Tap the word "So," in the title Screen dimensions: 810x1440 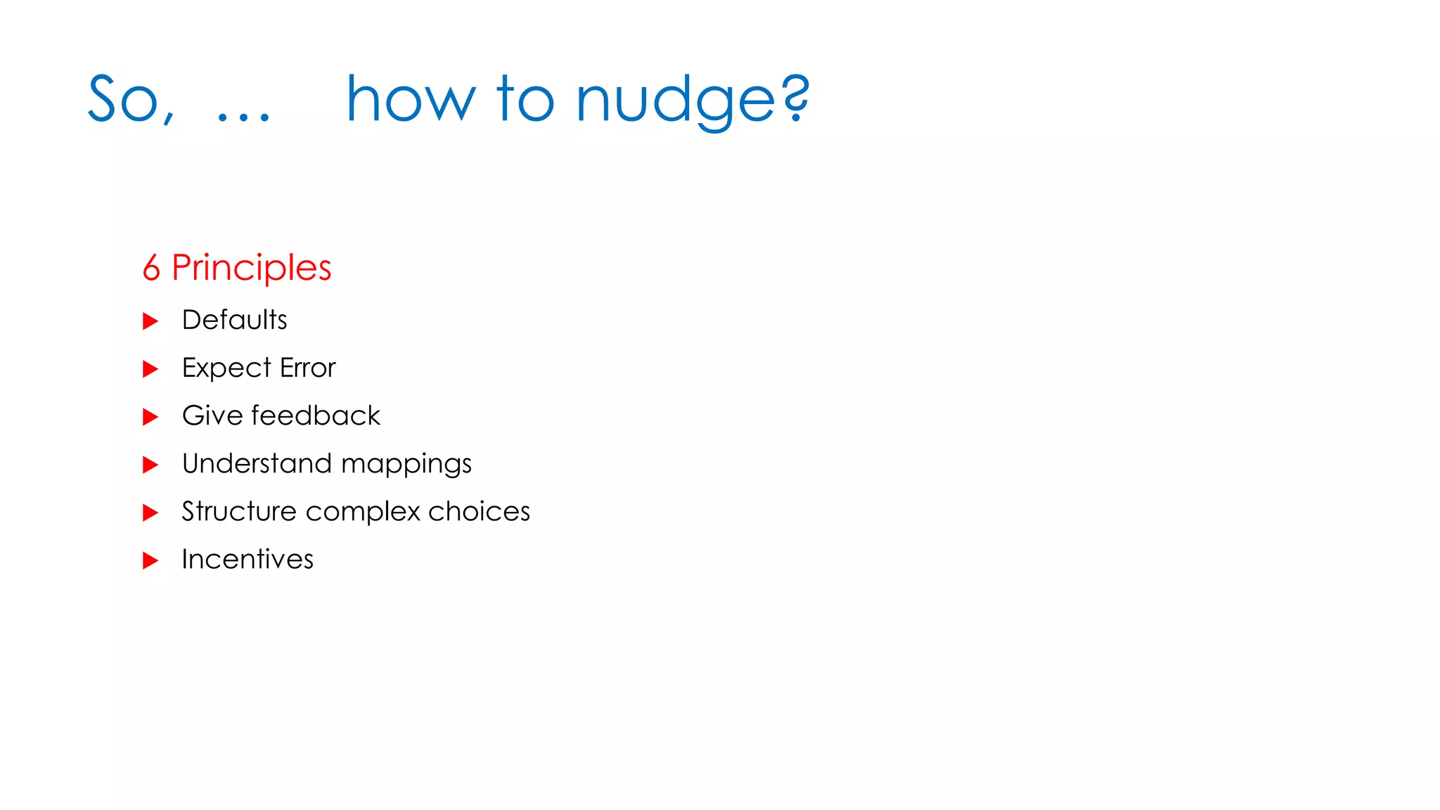point(131,100)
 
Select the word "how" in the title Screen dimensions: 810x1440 point(411,100)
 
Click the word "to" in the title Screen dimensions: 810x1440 point(525,100)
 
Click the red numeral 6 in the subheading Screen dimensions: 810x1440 point(151,268)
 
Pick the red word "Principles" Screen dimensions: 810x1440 point(251,269)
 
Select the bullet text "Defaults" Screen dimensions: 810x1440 point(234,320)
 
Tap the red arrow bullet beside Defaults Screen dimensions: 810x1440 point(150,321)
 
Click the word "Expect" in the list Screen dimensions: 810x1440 point(226,368)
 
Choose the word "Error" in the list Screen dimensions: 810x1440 point(308,368)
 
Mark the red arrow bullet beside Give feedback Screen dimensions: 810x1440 point(150,417)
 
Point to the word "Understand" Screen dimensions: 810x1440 point(257,463)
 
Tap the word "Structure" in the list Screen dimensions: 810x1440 point(239,511)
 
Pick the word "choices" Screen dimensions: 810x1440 point(479,511)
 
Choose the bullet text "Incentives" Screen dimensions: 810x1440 point(247,559)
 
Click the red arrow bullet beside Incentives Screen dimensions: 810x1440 point(150,560)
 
